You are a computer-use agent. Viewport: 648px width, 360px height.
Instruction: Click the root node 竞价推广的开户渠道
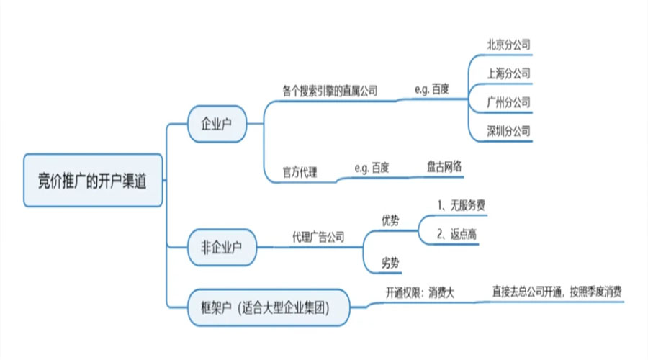[93, 180]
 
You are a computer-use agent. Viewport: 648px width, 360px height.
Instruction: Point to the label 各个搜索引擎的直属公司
[330, 91]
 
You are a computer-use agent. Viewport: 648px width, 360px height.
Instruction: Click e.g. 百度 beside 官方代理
[372, 168]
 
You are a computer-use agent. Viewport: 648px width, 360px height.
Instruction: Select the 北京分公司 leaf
[508, 45]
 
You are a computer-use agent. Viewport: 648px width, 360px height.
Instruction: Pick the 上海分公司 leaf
[508, 73]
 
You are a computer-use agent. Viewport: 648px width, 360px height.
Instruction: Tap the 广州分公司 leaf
[508, 102]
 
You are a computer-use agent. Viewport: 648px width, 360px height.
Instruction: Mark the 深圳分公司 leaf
[508, 131]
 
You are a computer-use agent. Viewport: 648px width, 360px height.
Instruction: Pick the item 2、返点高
[456, 235]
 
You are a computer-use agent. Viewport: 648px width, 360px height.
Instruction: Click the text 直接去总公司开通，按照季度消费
[557, 292]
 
